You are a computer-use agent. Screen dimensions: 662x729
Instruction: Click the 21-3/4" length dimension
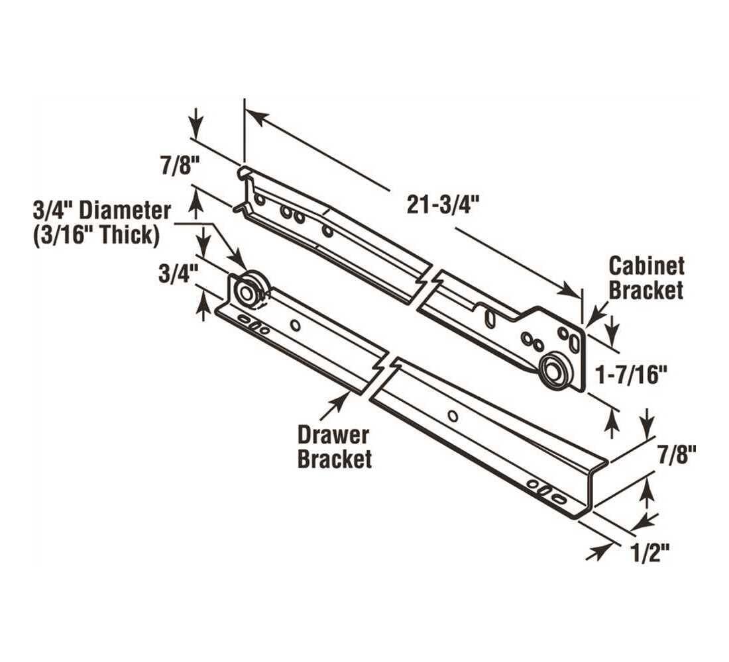coord(442,205)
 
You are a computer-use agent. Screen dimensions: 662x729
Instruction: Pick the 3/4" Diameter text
coord(102,211)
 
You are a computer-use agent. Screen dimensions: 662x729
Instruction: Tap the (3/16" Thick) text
coord(95,236)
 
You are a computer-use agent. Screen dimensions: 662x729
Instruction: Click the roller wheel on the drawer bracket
coord(249,292)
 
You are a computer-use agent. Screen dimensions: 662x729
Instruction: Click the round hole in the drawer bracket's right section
coord(453,416)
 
